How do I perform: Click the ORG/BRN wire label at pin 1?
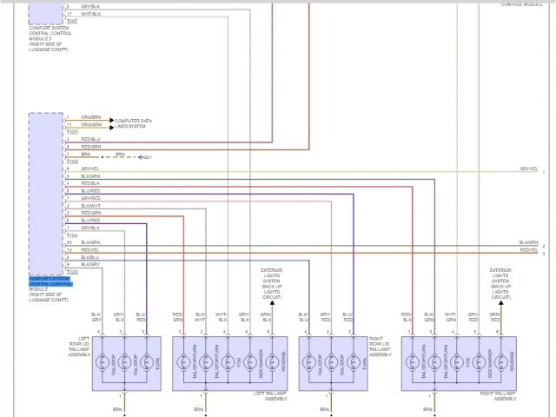coord(91,116)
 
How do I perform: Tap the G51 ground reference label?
coord(148,157)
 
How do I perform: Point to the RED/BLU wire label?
coord(90,139)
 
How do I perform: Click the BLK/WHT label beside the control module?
coord(91,205)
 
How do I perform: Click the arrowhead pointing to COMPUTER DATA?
coord(111,120)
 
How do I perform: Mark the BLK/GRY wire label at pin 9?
coord(90,264)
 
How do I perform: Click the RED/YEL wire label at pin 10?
coord(90,249)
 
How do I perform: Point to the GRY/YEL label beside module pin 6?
coord(90,169)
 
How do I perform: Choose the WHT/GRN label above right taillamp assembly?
coord(450,317)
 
